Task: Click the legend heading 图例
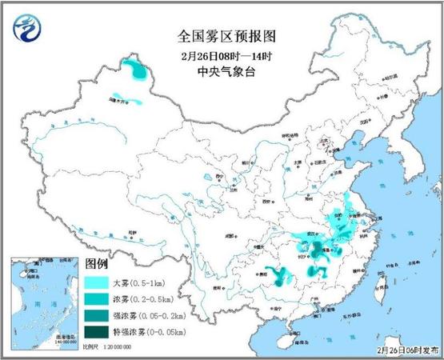tap(97, 265)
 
